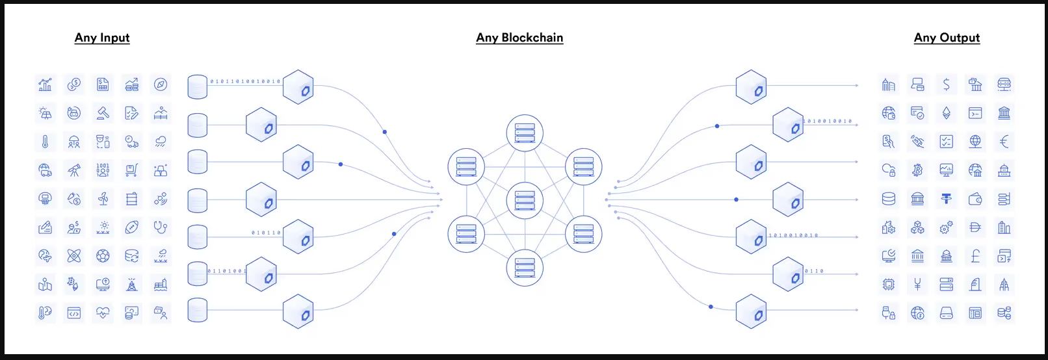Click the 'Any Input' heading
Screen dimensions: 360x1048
102,38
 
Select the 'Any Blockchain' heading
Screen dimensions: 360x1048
519,38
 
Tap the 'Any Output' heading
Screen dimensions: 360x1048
947,38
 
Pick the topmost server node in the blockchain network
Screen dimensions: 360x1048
525,132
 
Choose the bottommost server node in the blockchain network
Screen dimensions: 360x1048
525,267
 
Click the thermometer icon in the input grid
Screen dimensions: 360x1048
45,142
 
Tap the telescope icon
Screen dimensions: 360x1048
74,170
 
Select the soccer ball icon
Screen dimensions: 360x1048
103,256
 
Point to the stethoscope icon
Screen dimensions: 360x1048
161,227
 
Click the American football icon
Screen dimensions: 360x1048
131,227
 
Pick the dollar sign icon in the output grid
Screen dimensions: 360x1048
946,84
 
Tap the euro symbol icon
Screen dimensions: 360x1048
1004,142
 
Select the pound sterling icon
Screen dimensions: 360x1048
975,256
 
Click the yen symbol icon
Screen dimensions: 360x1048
917,285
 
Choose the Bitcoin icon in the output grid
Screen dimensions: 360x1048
917,170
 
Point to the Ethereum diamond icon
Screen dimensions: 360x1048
946,113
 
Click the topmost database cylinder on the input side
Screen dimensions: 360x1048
197,86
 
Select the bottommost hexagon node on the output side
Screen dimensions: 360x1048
751,312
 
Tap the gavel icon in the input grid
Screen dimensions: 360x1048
103,113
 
